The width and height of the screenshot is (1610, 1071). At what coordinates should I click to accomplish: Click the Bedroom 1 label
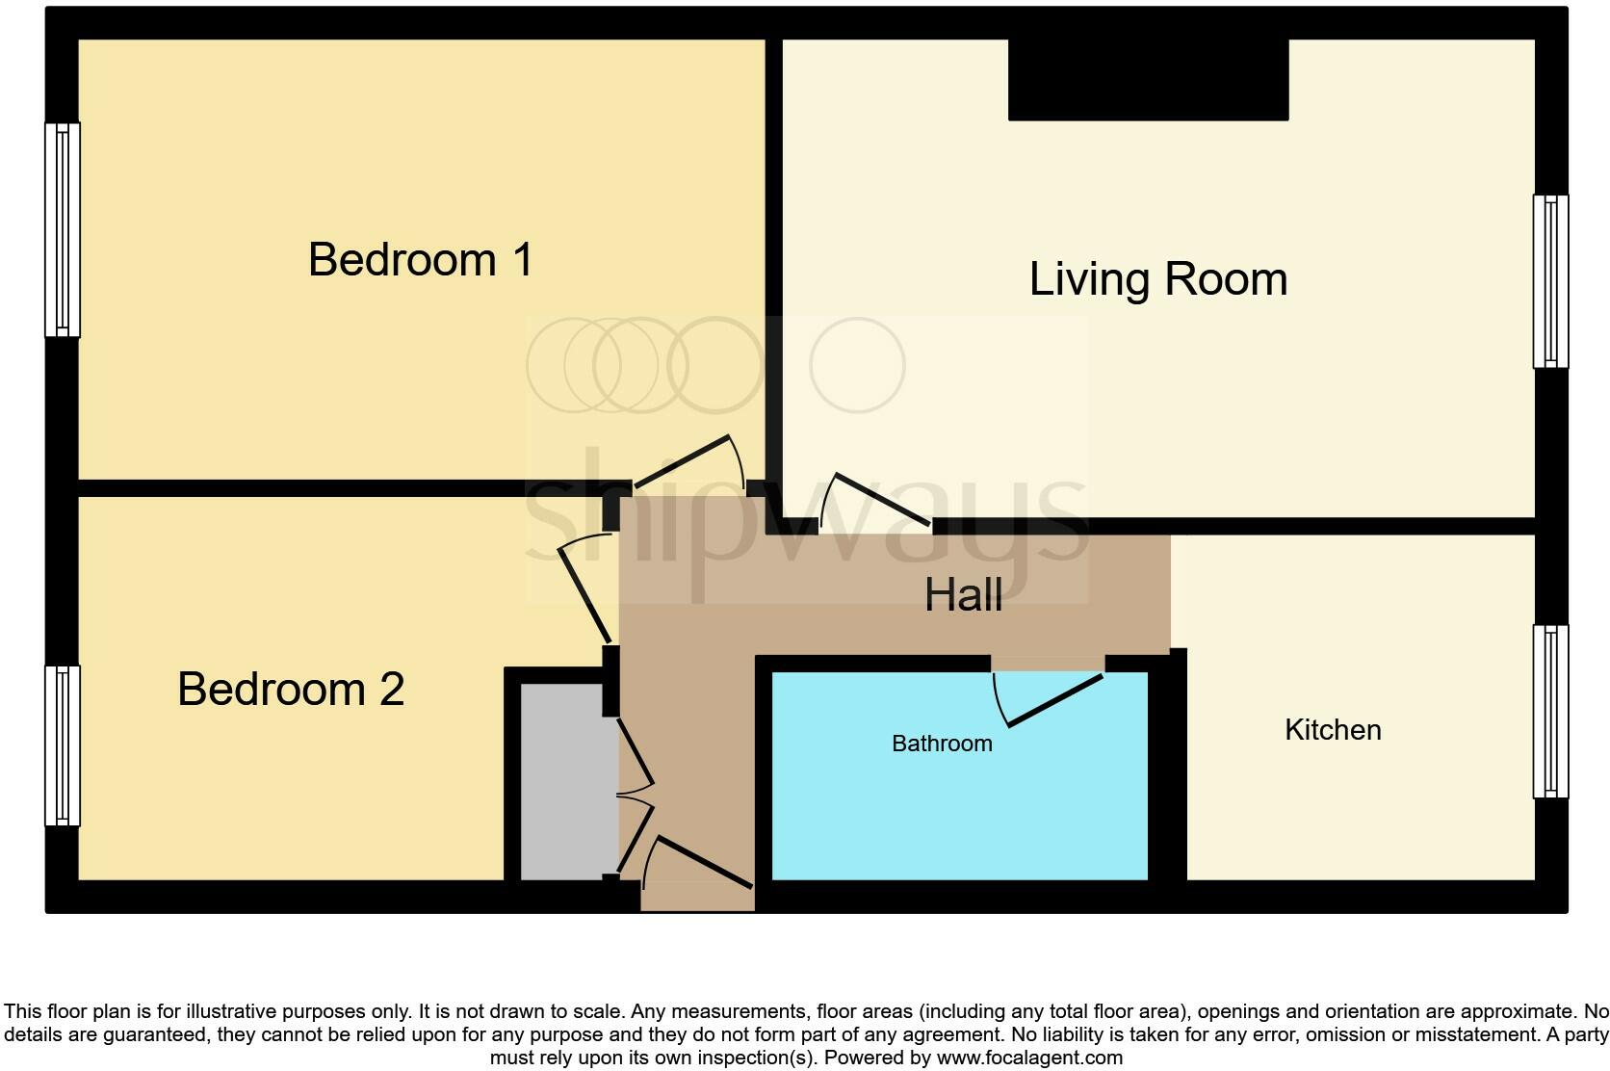coord(421,260)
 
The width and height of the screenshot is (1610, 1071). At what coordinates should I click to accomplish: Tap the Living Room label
coord(1157,279)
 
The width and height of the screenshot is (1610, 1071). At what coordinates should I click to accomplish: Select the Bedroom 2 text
coord(291,690)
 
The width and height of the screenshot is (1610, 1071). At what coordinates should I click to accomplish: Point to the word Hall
coord(963,595)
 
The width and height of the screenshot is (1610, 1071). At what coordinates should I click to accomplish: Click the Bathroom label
coord(942,744)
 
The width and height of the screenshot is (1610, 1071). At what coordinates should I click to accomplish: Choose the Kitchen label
coord(1333,730)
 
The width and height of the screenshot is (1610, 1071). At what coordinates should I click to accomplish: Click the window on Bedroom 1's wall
coord(63,229)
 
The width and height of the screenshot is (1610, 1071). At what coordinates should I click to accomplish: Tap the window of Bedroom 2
coord(63,745)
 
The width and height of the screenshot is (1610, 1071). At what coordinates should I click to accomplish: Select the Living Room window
coord(1550,281)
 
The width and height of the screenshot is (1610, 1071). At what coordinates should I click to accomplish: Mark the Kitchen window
coord(1550,711)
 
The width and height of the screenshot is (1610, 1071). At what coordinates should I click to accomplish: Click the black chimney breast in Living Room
coord(1148,79)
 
